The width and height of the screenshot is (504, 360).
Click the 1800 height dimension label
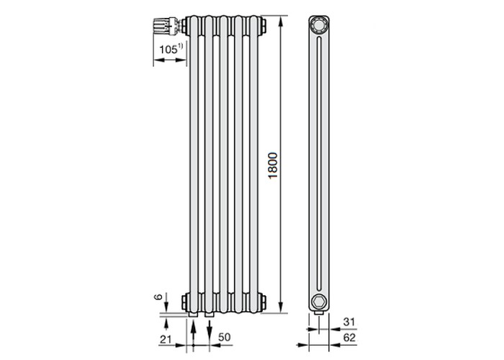273,166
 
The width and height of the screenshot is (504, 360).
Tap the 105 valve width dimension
168,50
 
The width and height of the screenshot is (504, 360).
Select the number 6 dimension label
158,297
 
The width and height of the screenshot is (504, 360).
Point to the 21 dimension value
166,339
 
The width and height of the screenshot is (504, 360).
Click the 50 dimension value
225,337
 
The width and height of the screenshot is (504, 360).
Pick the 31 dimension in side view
348,322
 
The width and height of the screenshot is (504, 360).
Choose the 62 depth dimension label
349,338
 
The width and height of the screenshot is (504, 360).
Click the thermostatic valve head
164,26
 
